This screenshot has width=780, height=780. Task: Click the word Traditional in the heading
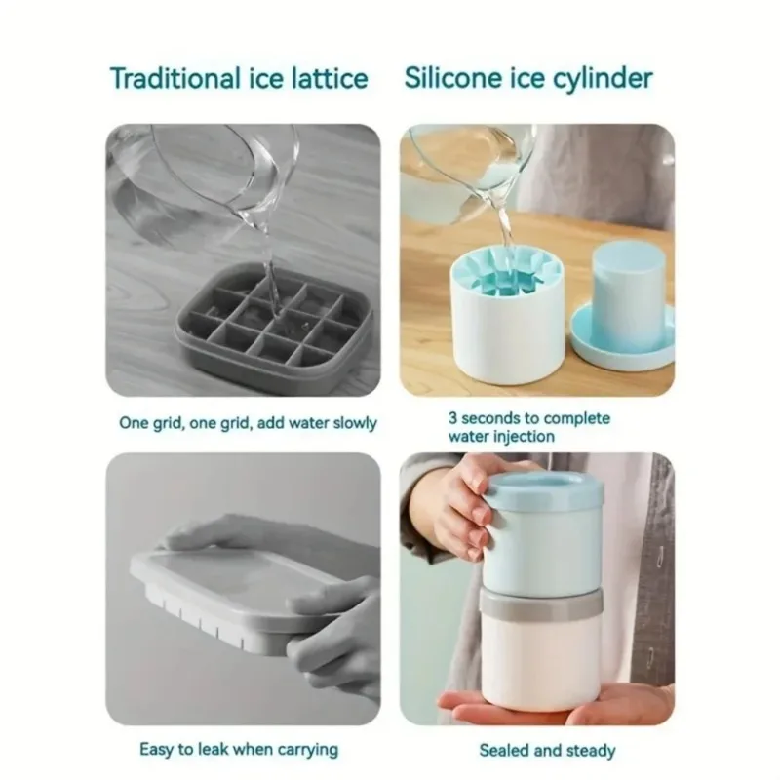(175, 79)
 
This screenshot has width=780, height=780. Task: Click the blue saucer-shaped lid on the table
(622, 333)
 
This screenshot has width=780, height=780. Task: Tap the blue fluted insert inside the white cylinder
(506, 278)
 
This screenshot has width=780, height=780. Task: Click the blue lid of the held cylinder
(544, 485)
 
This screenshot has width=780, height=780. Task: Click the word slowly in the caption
(355, 423)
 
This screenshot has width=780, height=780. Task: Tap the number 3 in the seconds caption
(452, 418)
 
